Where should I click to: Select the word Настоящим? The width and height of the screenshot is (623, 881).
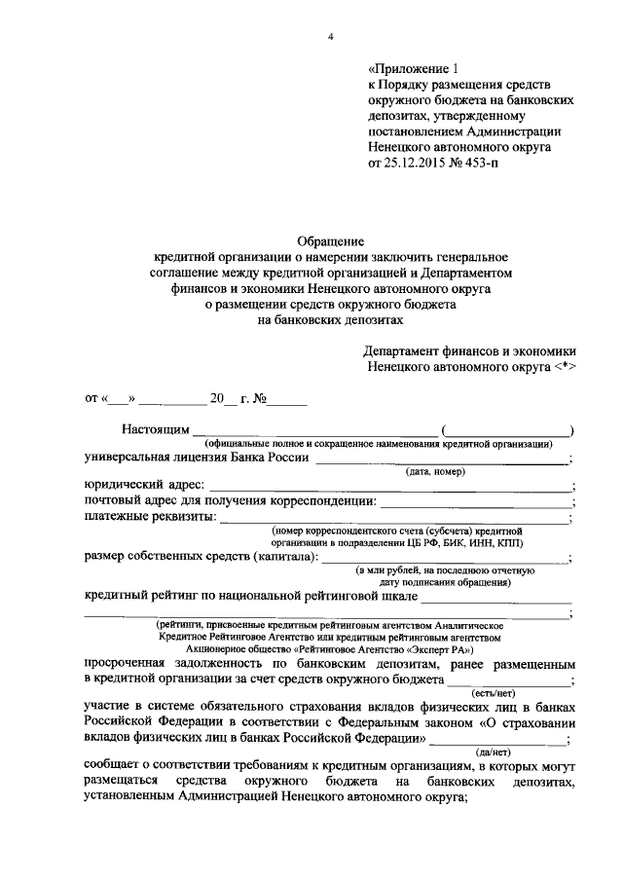click(x=154, y=430)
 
